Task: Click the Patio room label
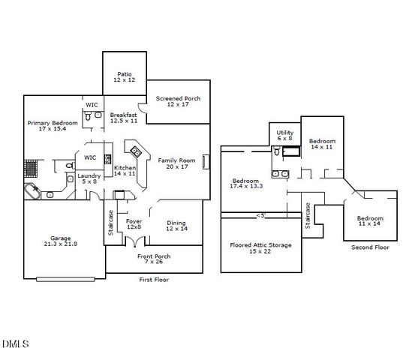pyautogui.click(x=123, y=76)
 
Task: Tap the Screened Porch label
pyautogui.click(x=177, y=101)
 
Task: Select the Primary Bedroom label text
pyautogui.click(x=53, y=125)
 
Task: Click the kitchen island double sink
pyautogui.click(x=136, y=152)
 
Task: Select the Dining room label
pyautogui.click(x=176, y=225)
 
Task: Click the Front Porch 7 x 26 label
pyautogui.click(x=153, y=259)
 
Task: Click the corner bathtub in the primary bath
pyautogui.click(x=32, y=192)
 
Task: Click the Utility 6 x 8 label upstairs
pyautogui.click(x=285, y=135)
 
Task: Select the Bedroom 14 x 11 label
pyautogui.click(x=322, y=143)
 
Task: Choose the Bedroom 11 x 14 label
pyautogui.click(x=368, y=220)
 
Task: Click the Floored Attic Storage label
pyautogui.click(x=260, y=247)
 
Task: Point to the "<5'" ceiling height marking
pyautogui.click(x=260, y=215)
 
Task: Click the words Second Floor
pyautogui.click(x=371, y=247)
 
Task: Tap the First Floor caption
pyautogui.click(x=155, y=279)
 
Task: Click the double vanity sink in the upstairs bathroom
pyautogui.click(x=279, y=174)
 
